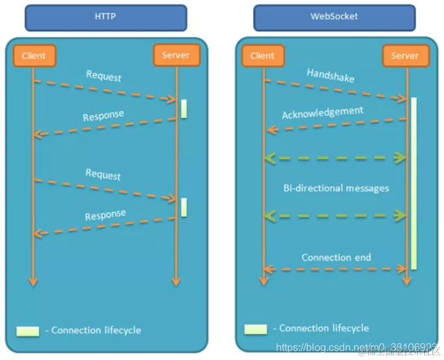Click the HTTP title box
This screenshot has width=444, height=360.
click(x=105, y=18)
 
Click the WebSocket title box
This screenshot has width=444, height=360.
click(x=334, y=18)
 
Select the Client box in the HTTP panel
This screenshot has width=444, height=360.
click(x=33, y=56)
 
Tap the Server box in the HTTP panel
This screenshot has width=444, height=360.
click(x=175, y=55)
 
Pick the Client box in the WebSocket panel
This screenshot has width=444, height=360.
click(x=262, y=56)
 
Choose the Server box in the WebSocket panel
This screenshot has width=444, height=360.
click(x=405, y=56)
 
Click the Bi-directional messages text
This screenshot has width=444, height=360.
click(x=336, y=188)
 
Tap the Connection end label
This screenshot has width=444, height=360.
click(x=336, y=257)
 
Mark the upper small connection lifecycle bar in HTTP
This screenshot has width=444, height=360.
click(x=184, y=109)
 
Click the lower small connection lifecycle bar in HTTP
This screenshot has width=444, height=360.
click(x=184, y=207)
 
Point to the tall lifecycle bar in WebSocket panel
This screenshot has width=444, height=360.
click(x=413, y=182)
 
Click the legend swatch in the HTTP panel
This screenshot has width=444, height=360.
click(x=28, y=331)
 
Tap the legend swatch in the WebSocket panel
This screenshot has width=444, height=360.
click(x=255, y=329)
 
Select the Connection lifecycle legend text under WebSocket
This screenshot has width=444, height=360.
click(x=321, y=328)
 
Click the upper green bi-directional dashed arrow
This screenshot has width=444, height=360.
click(x=336, y=157)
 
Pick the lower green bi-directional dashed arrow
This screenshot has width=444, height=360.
click(x=336, y=215)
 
